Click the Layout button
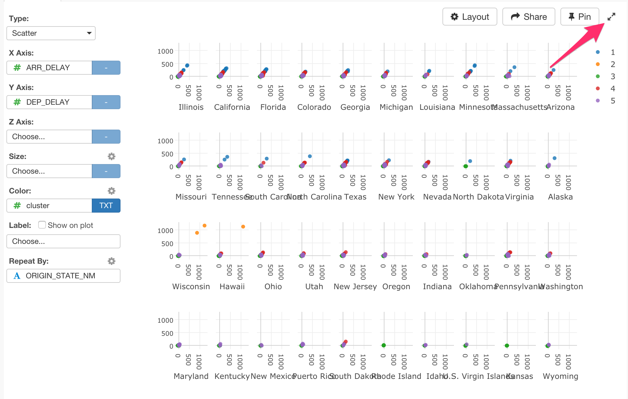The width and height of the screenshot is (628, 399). (470, 17)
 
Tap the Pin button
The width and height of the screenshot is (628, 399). (580, 17)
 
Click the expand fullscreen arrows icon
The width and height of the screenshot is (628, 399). (611, 17)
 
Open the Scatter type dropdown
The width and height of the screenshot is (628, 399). (51, 33)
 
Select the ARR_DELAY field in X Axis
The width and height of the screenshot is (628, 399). (49, 68)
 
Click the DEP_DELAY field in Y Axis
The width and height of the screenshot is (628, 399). (49, 102)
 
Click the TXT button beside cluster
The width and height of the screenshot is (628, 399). (106, 206)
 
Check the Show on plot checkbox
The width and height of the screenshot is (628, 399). (42, 225)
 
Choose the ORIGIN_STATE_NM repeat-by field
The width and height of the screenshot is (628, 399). (63, 276)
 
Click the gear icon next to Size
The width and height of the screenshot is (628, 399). (111, 156)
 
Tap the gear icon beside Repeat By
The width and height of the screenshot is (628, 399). (111, 261)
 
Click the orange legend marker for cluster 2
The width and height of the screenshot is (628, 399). (598, 64)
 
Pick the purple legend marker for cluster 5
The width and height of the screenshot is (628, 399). (598, 101)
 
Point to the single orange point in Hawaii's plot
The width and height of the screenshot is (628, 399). (243, 227)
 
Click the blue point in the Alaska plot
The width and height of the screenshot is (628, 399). (555, 158)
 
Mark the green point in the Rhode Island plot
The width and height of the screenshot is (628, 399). (383, 345)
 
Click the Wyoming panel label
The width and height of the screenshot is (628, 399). (560, 376)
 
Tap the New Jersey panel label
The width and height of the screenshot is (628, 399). (355, 287)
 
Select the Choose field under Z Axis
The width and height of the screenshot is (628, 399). (49, 137)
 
